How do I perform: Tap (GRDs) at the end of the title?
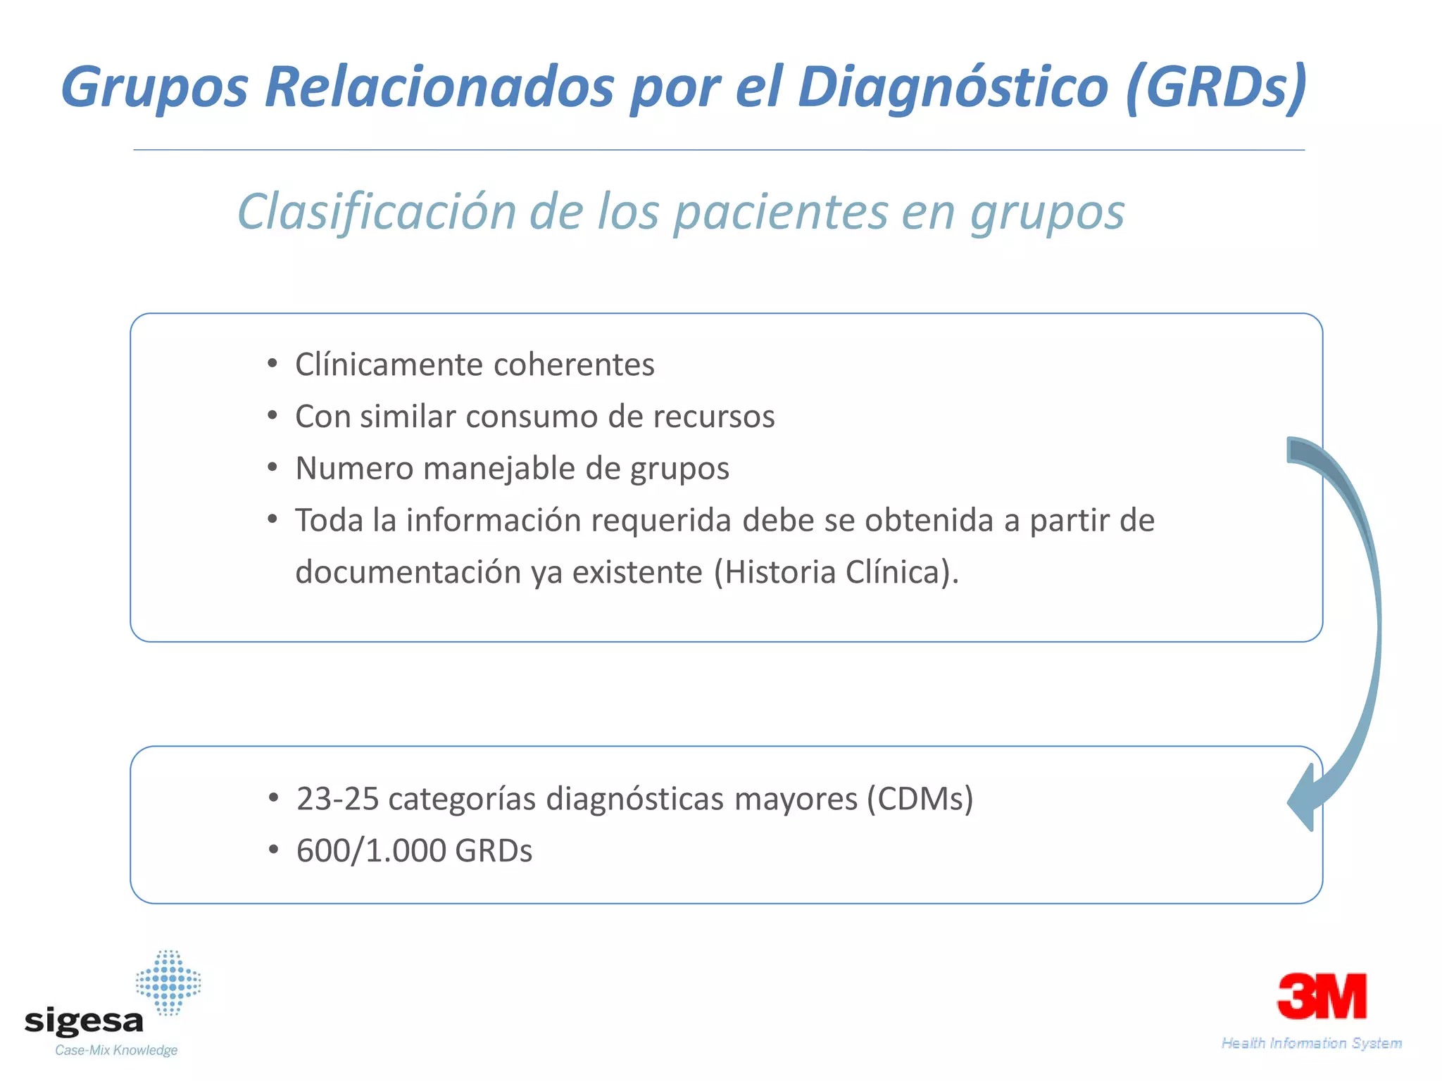click(1216, 87)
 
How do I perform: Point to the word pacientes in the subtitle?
click(780, 213)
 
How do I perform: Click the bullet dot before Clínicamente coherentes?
click(272, 365)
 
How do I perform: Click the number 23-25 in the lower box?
click(337, 799)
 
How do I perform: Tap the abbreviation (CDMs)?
click(920, 799)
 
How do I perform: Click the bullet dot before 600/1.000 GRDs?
click(274, 850)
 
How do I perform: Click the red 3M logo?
click(1322, 996)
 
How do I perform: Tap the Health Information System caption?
click(1311, 1043)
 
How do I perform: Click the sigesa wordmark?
click(84, 1021)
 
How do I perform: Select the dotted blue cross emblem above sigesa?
click(168, 982)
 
